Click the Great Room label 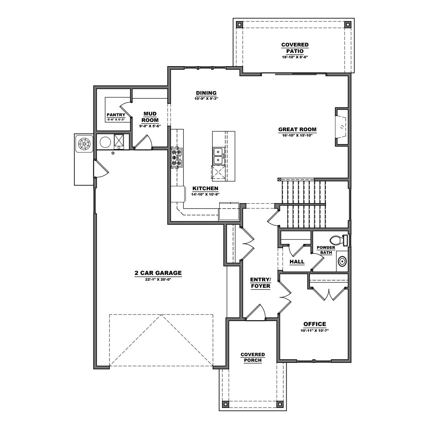coord(297,130)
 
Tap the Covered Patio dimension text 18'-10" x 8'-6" coord(295,57)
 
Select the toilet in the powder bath coord(338,240)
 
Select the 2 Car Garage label coord(158,273)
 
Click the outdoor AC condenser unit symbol coord(84,143)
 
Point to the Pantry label coord(116,115)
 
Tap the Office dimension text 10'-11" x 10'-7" coord(315,331)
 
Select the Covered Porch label coord(253,357)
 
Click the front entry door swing coord(256,311)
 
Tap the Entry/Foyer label coord(260,282)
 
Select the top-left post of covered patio coord(239,25)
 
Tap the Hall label coord(297,262)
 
